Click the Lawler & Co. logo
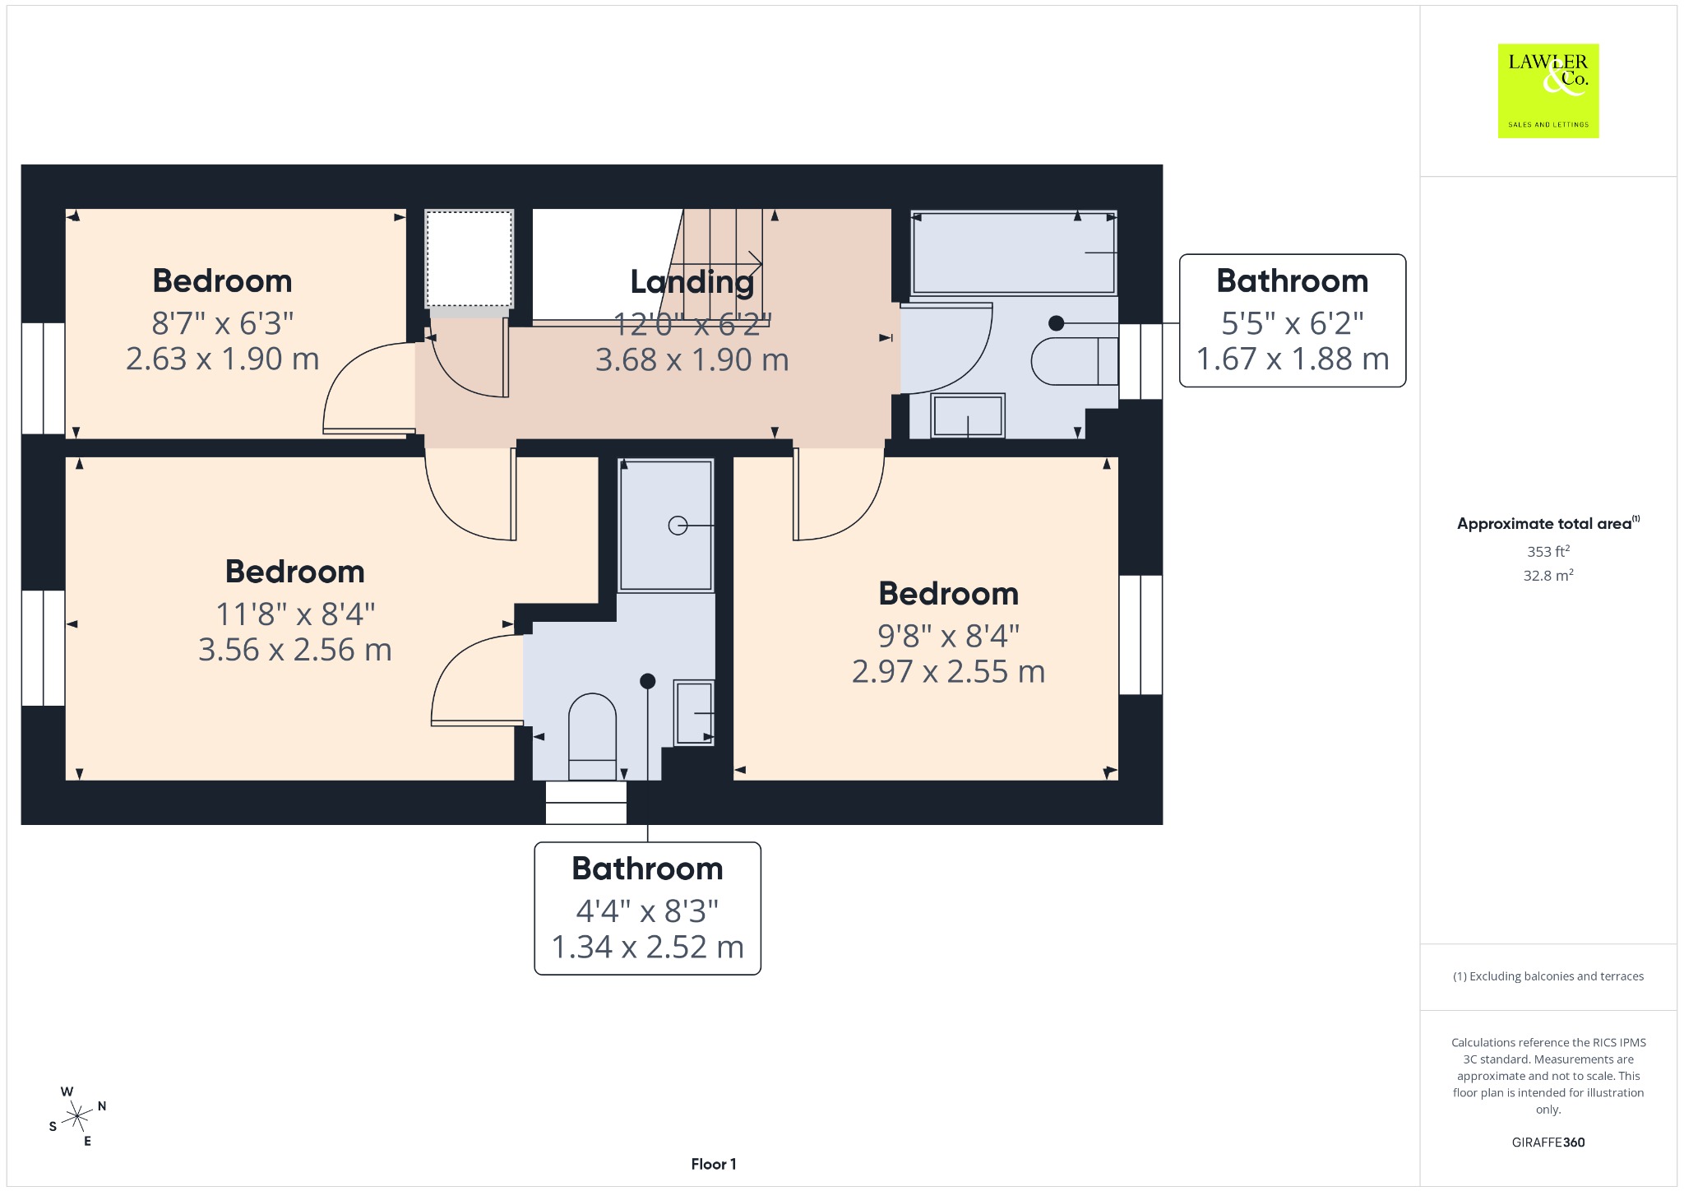coord(1548,90)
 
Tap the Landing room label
coord(692,282)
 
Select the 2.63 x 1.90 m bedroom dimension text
coord(222,359)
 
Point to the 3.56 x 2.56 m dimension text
coord(295,650)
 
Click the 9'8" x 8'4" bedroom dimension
coord(949,635)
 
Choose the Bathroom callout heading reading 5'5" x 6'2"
coord(1293,281)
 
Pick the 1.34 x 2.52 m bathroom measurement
coord(648,947)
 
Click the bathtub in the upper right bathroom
coord(1014,252)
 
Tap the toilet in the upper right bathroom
coord(1075,361)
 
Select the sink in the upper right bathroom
coord(968,415)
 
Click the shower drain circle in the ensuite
coord(678,525)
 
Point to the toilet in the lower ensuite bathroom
coord(592,737)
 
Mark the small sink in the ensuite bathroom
coord(694,712)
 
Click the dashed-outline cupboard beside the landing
coord(470,258)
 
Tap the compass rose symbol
coord(77,1116)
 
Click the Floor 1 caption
coord(714,1164)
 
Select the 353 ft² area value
coord(1548,551)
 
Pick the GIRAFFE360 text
coord(1548,1142)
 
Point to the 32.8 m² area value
coord(1548,575)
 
